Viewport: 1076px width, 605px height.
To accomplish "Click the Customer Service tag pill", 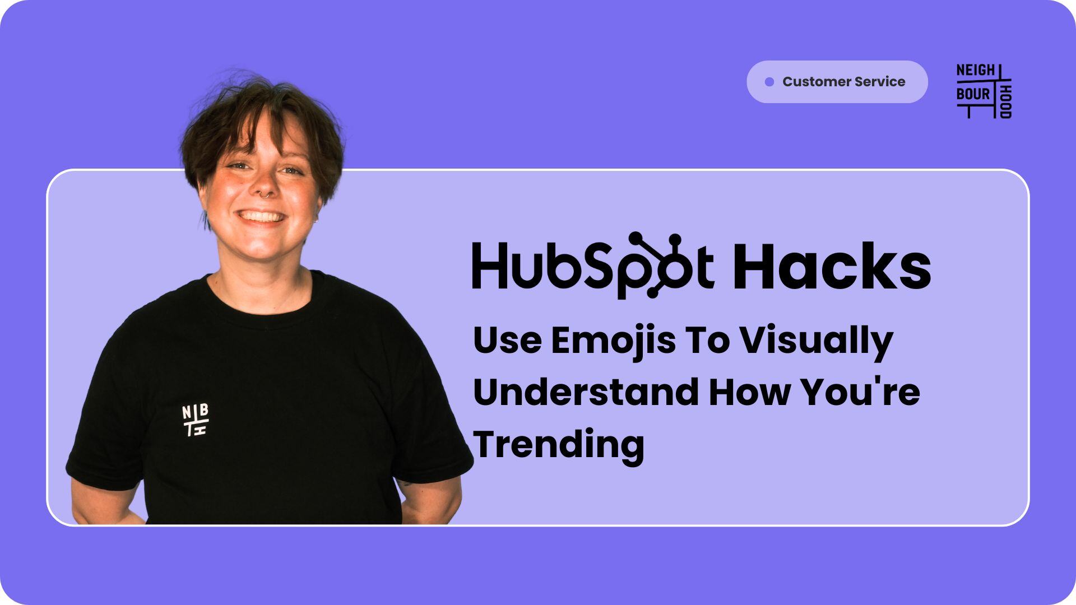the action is click(x=837, y=82).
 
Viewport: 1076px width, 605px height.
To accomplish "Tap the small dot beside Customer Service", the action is click(x=769, y=82).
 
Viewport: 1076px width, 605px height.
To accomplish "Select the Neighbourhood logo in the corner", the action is click(x=984, y=91).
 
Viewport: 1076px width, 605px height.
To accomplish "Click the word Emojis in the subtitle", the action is click(x=614, y=341).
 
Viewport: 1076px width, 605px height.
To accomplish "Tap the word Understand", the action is click(x=586, y=392).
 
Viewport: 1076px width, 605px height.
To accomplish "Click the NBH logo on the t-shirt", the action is click(x=196, y=420).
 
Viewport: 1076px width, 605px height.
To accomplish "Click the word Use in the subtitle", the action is click(x=507, y=341).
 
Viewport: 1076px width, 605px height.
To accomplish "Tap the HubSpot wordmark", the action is click(x=593, y=266).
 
